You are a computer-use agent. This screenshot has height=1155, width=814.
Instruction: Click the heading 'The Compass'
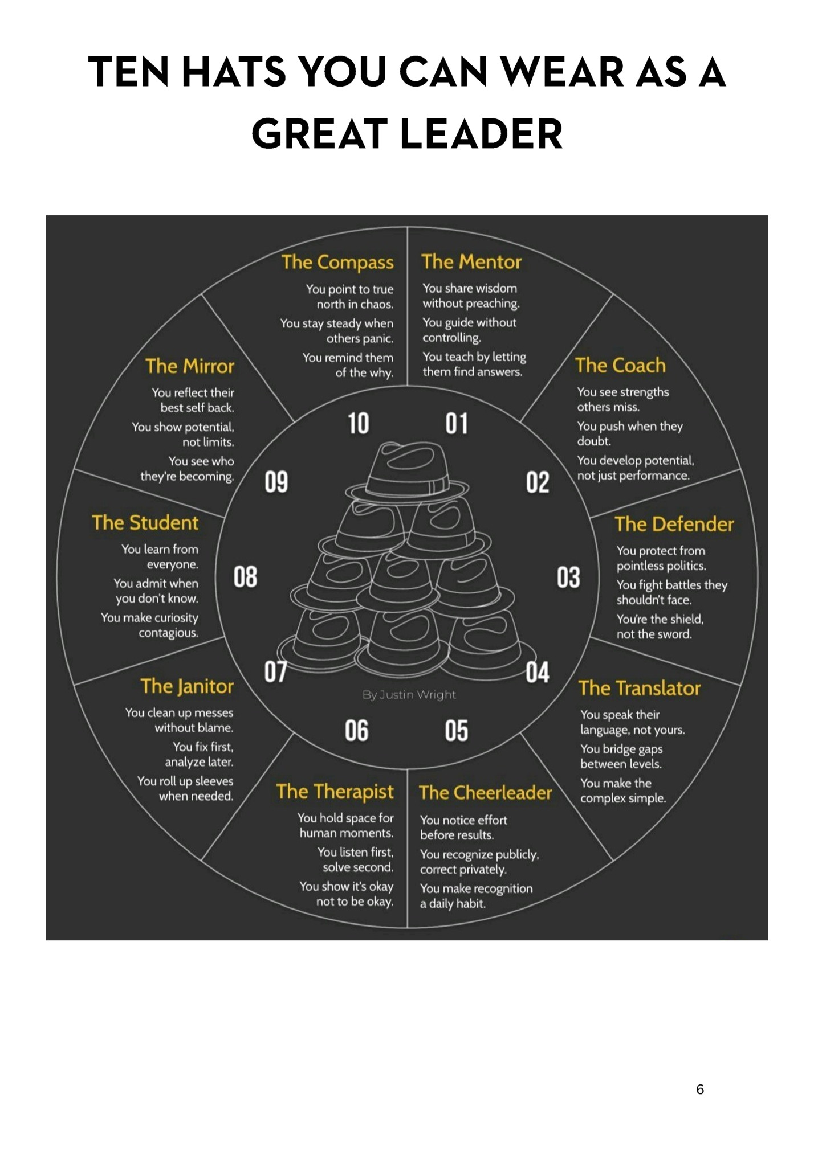point(337,263)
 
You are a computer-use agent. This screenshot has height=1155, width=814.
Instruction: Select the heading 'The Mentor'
point(471,262)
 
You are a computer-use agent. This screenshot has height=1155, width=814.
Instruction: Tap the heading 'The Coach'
point(620,366)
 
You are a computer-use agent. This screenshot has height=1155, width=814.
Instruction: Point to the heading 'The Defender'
point(674,525)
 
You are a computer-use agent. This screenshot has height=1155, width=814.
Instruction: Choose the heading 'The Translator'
point(640,689)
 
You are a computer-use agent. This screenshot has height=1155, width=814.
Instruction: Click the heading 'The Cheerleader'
point(485,793)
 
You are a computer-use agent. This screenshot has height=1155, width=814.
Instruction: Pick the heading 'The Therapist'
point(335,792)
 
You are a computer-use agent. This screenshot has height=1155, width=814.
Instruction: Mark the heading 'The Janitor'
point(187,687)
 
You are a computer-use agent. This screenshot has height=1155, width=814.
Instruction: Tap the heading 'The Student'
point(145,523)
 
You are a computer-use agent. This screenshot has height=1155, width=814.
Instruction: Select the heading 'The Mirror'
point(190,367)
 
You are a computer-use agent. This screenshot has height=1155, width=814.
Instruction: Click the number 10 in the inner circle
point(359,424)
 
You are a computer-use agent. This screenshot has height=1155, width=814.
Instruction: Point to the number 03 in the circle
point(568,577)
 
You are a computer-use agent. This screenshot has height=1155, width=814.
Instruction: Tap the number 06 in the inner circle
point(357,731)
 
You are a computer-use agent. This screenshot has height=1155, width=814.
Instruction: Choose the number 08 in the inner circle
point(245,577)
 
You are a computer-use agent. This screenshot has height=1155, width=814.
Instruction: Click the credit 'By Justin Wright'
point(409,695)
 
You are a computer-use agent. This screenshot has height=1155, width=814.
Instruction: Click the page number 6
point(700,1090)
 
